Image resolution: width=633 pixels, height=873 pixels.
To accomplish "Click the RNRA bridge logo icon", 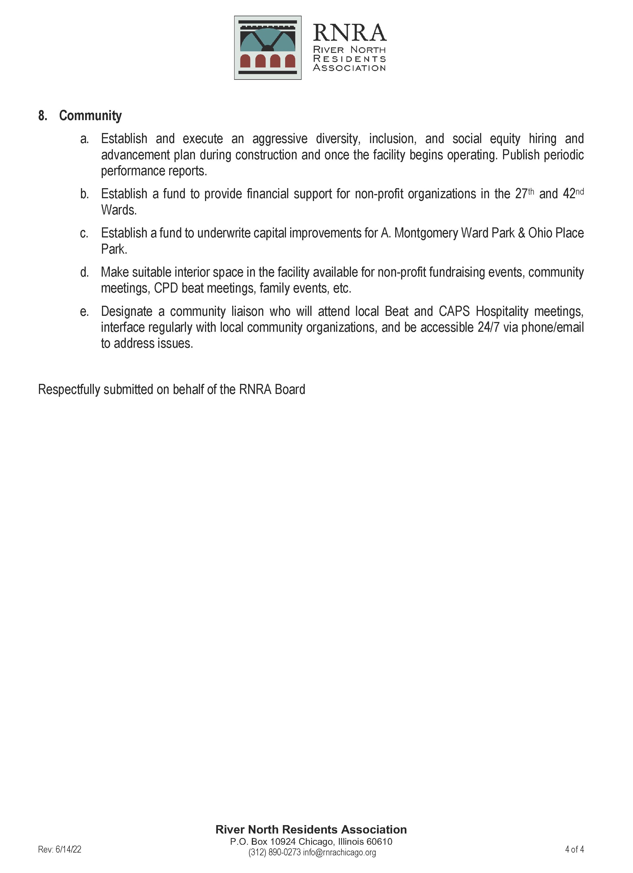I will [267, 48].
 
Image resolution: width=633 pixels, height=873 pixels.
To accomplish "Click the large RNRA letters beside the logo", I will [349, 33].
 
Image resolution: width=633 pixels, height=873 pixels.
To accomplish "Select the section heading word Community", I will [90, 115].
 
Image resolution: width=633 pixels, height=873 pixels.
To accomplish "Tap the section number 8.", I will [42, 115].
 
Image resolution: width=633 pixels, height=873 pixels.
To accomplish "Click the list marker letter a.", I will [84, 139].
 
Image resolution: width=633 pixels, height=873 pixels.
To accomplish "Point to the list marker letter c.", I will [84, 233].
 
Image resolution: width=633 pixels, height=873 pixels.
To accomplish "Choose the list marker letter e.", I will [84, 311].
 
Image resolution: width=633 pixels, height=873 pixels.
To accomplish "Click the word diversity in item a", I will [338, 139].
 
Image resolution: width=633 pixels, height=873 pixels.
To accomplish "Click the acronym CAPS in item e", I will [454, 311].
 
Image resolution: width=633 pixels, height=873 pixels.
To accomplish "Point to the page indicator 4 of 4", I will [574, 849].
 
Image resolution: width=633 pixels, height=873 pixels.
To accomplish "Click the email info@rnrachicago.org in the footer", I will [339, 853].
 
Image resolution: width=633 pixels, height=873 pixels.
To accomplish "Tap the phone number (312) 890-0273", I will [274, 853].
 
